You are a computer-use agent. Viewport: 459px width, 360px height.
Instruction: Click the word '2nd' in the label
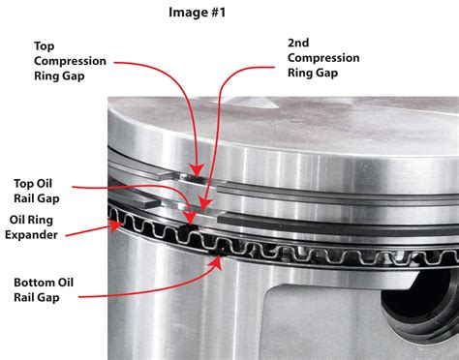click(x=299, y=44)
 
